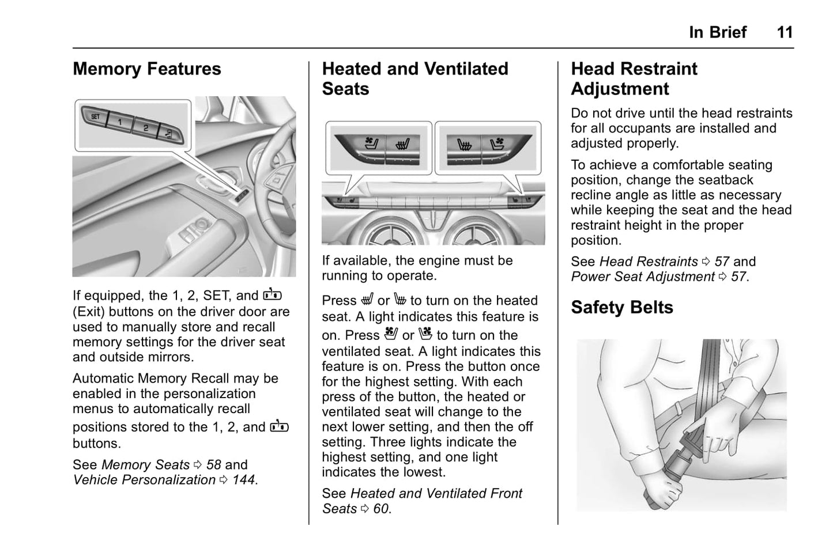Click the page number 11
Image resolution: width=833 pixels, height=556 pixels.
pyautogui.click(x=784, y=32)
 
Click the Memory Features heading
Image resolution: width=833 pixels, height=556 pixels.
pyautogui.click(x=146, y=69)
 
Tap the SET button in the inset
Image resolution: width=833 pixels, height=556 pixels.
pyautogui.click(x=96, y=117)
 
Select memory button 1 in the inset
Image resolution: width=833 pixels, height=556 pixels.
pyautogui.click(x=120, y=122)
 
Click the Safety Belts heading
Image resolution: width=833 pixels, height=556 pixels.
pyautogui.click(x=621, y=308)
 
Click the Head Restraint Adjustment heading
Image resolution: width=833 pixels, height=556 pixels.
pyautogui.click(x=634, y=79)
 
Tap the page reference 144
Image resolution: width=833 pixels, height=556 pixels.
pyautogui.click(x=243, y=480)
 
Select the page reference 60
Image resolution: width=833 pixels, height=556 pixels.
pyautogui.click(x=380, y=509)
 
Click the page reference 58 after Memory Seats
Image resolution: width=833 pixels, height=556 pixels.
pyautogui.click(x=213, y=465)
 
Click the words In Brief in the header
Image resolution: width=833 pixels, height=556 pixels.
pyautogui.click(x=717, y=32)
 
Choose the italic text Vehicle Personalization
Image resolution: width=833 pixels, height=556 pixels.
pyautogui.click(x=144, y=480)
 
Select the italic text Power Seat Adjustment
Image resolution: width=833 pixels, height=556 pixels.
pyautogui.click(x=642, y=277)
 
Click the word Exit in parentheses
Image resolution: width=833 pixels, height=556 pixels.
pyautogui.click(x=89, y=312)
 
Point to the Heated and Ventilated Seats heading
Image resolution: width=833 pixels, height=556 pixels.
pyautogui.click(x=414, y=79)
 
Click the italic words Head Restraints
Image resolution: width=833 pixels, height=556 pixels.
pyautogui.click(x=648, y=262)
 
